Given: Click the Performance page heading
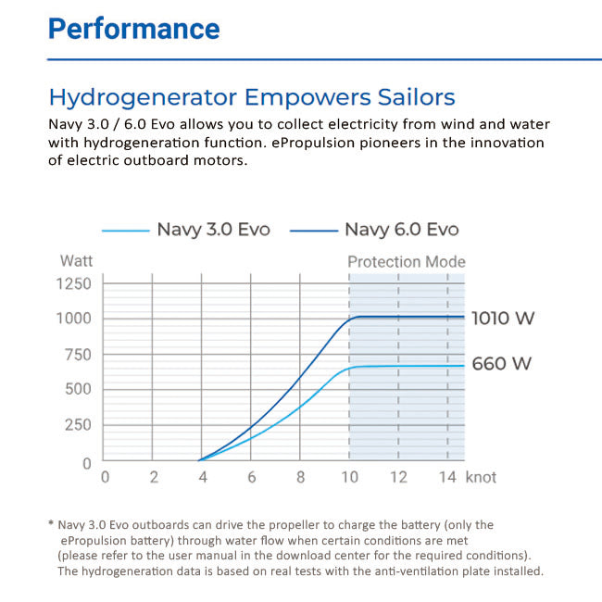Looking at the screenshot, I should [x=133, y=28].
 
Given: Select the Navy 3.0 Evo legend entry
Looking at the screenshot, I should [x=212, y=230].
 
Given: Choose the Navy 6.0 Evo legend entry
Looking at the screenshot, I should [x=401, y=230].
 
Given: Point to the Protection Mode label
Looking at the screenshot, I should [x=406, y=262].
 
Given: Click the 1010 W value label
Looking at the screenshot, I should [x=503, y=319].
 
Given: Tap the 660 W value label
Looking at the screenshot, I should [x=502, y=363].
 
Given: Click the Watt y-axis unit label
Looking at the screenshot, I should [x=76, y=262].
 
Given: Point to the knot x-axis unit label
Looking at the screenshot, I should [x=481, y=477].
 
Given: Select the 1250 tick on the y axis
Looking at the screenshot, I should [x=74, y=283].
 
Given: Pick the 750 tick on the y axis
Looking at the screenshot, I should [x=77, y=355].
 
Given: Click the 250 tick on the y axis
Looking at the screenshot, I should [x=77, y=425].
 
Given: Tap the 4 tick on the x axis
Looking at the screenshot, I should [x=202, y=478].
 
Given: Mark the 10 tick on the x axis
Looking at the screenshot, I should [x=348, y=478].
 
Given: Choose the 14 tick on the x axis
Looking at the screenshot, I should [x=446, y=478].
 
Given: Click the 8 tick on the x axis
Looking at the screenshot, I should [x=300, y=478].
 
